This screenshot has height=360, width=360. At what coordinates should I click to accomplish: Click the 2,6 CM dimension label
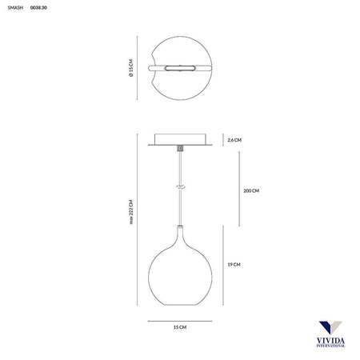pos(234,140)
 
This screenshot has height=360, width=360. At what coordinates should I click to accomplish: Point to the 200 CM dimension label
pos(251,191)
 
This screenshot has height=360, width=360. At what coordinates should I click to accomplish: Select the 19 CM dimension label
pos(234,264)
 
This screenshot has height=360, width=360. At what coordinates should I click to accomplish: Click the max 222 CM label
pos(130,214)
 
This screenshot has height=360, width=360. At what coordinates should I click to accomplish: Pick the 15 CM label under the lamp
pos(180,329)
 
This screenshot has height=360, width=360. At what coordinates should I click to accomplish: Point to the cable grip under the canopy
pos(181,150)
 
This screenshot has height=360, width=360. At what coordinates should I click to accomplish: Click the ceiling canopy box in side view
pos(181,140)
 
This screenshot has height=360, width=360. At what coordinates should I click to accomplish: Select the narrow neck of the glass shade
pos(181,233)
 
